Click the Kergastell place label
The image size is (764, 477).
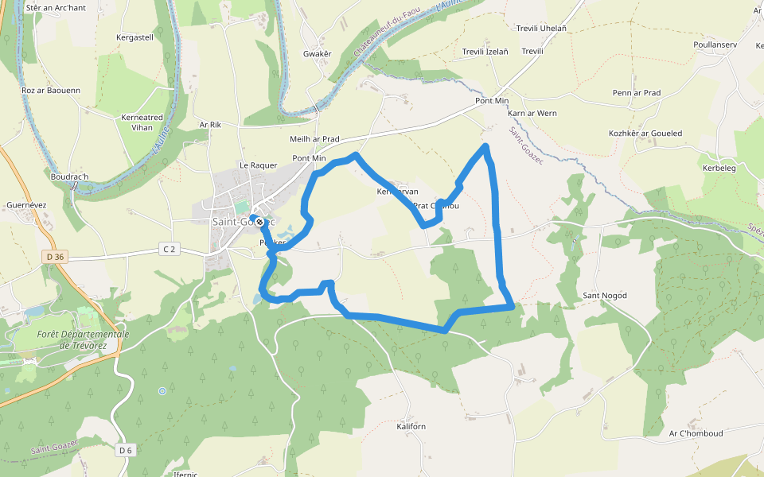click(134, 37)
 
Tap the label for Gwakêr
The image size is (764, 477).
click(317, 53)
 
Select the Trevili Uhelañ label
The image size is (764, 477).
click(541, 28)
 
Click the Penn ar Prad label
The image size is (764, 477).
click(637, 93)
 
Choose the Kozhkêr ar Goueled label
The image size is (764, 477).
click(645, 133)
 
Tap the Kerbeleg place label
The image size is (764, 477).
click(719, 169)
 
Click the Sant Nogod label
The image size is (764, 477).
click(605, 296)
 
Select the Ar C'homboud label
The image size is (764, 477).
click(696, 433)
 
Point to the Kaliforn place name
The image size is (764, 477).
click(411, 427)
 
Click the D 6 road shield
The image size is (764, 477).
click(125, 451)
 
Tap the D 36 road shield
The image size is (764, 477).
click(54, 256)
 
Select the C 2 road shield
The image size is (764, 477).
click(169, 249)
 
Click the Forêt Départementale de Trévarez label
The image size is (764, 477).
click(83, 339)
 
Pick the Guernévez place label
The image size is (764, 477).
click(26, 204)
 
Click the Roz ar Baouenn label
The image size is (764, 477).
click(51, 91)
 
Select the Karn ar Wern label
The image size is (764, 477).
click(532, 113)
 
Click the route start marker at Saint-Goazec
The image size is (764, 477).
click(258, 222)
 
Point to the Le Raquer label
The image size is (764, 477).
click(259, 165)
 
